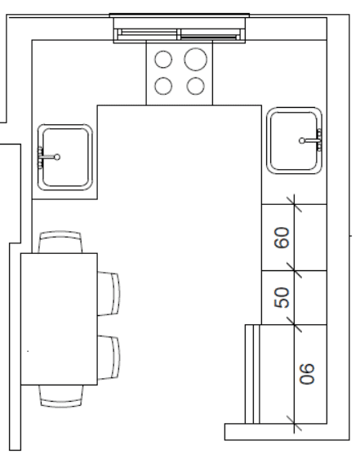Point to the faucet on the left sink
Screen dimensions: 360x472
pos(48,157)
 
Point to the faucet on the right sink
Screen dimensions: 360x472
pos(311,140)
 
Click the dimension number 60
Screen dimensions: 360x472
pos(282,238)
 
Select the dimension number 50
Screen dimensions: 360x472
pos(282,298)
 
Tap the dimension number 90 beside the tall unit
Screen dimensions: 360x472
pos(307,374)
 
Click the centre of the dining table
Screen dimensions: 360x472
pos(59,319)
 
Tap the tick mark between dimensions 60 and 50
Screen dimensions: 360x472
pos(294,270)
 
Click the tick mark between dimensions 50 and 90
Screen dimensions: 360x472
pos(294,324)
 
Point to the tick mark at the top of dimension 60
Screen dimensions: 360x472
pos(294,204)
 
